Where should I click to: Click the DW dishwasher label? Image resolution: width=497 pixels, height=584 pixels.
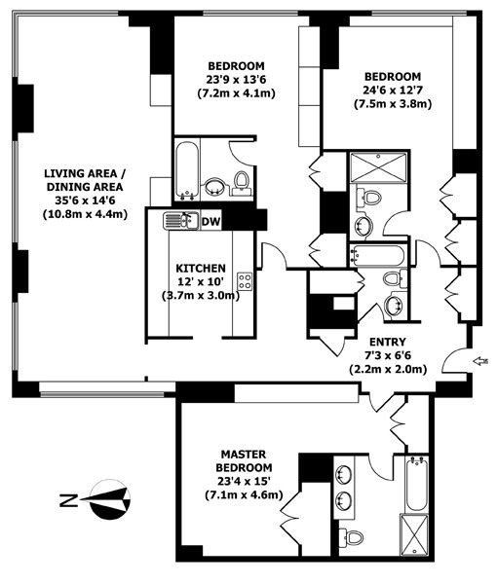(210, 222)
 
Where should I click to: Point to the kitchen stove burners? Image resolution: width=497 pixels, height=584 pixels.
(245, 282)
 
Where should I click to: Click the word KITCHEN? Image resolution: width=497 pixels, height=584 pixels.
(201, 268)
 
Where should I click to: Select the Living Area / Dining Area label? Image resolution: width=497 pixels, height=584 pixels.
(85, 181)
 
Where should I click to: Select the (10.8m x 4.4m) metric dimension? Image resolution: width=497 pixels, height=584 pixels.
(85, 215)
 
